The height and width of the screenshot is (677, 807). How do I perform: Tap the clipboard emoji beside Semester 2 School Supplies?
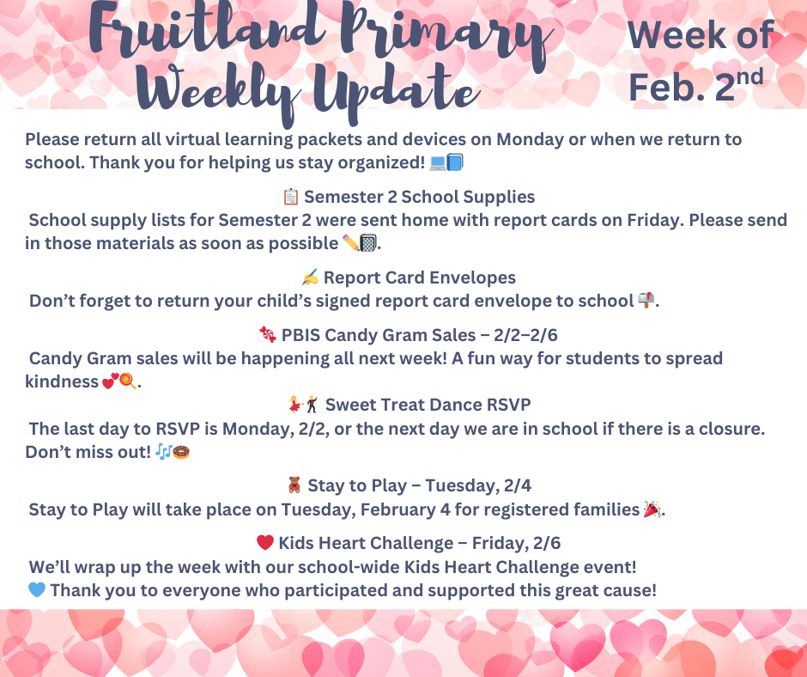tap(291, 198)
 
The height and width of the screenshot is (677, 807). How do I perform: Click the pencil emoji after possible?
tap(350, 243)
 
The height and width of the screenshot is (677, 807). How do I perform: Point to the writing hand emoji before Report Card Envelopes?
tap(310, 278)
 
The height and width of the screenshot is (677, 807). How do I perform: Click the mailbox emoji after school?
tap(646, 301)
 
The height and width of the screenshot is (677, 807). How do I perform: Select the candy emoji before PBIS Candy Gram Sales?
tap(268, 335)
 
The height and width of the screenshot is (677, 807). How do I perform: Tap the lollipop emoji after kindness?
tap(128, 381)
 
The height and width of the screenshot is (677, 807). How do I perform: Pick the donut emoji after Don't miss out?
tap(181, 451)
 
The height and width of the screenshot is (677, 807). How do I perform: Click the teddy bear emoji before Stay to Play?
tap(294, 486)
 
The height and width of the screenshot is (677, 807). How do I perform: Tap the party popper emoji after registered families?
tap(653, 509)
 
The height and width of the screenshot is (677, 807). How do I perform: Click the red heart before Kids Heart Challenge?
tap(265, 543)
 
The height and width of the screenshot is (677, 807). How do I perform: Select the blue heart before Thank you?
tap(36, 590)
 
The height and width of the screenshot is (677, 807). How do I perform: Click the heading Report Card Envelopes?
tap(420, 278)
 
